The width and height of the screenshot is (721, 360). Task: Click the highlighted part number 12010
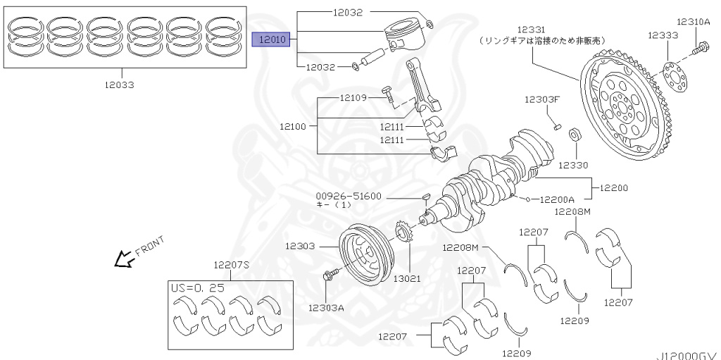coord(271,39)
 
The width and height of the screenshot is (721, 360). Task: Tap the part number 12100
coord(292,126)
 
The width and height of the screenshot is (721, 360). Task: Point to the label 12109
coord(353,98)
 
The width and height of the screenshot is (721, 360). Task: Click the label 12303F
coord(541,99)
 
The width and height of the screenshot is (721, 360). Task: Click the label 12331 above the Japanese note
coord(532,30)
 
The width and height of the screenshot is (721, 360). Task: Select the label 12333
coord(663,34)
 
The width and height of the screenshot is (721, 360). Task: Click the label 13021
coord(407,278)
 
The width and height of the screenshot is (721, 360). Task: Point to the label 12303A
coord(326,307)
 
